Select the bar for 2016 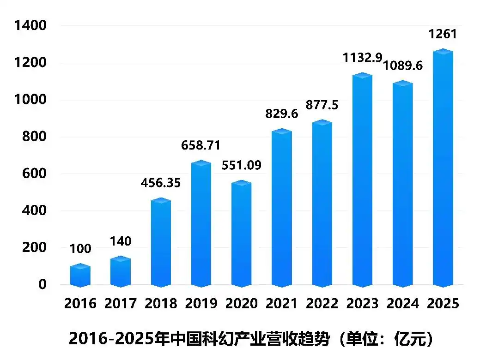[80, 276]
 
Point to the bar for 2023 [362, 180]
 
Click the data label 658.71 [201, 146]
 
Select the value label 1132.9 [362, 58]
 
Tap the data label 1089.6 [403, 66]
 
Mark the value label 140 [121, 241]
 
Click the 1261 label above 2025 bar [443, 34]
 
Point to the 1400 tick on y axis [30, 26]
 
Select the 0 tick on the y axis [43, 284]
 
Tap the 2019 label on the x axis [201, 303]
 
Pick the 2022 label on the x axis [322, 303]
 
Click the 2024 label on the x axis [403, 303]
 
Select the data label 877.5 [322, 105]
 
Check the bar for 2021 [282, 208]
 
